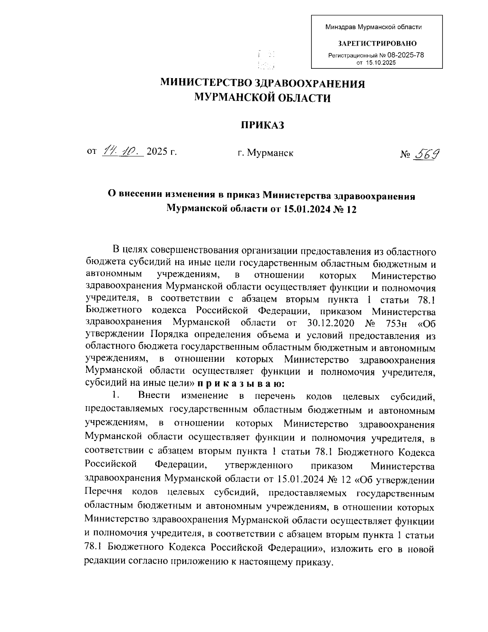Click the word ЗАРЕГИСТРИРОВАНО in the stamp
pos(377,43)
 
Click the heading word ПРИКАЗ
pos(260,125)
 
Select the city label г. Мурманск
pos(266,153)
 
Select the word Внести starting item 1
pos(154,395)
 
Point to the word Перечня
pos(105,493)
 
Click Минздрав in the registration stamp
pos(340,27)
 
